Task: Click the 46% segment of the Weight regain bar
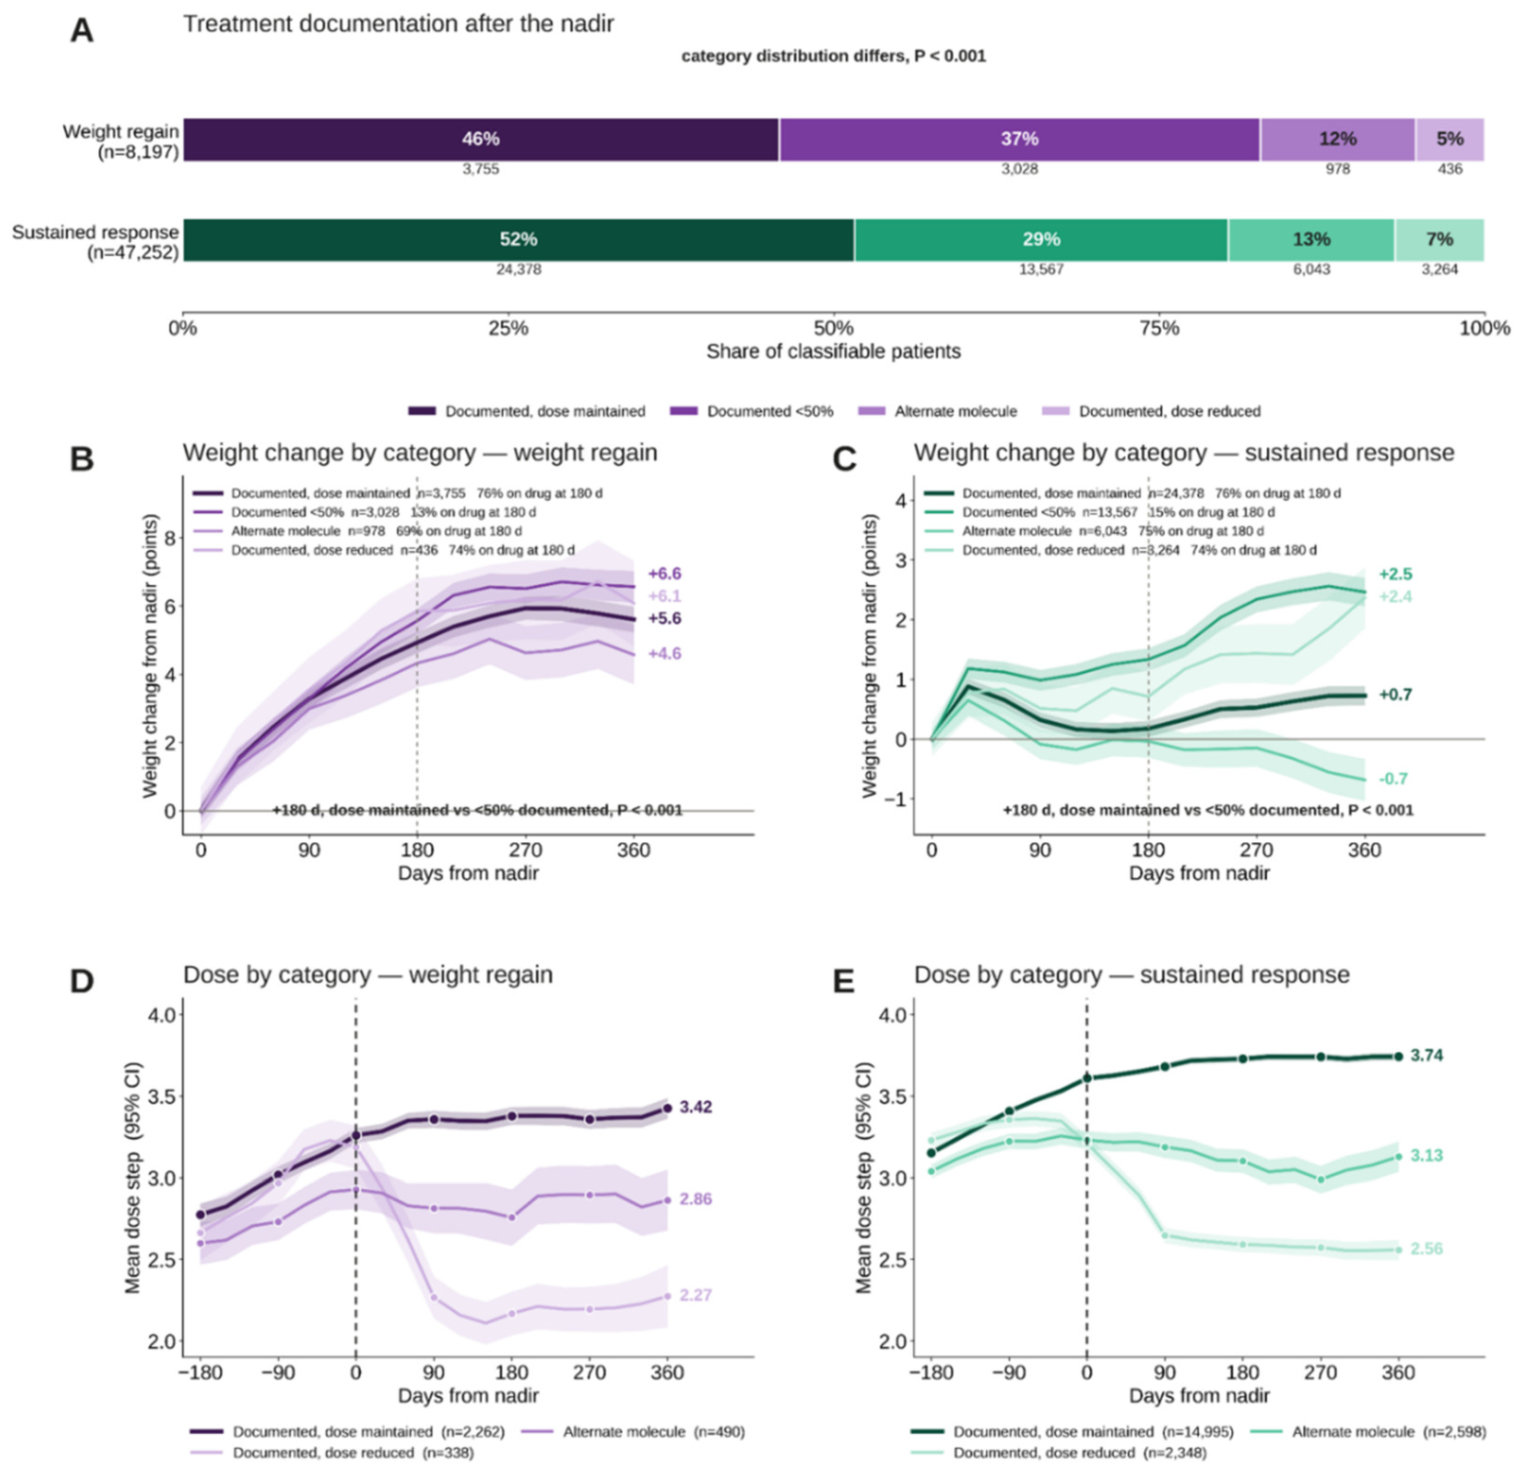pos(481,139)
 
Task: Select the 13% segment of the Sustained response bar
pos(1312,240)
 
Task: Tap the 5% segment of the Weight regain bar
pos(1449,139)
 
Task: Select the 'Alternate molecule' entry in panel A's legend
pos(938,411)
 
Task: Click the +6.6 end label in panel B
pos(664,574)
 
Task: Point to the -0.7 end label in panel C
pos(1394,779)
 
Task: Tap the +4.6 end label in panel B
pos(664,654)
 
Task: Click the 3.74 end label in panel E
pos(1427,1056)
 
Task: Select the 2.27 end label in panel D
pos(695,1295)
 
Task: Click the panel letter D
pos(81,982)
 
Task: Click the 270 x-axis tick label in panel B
pos(525,851)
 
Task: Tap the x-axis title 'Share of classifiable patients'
pos(833,352)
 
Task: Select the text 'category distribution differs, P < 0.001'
pos(833,56)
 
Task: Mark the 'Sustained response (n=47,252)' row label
pos(95,242)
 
